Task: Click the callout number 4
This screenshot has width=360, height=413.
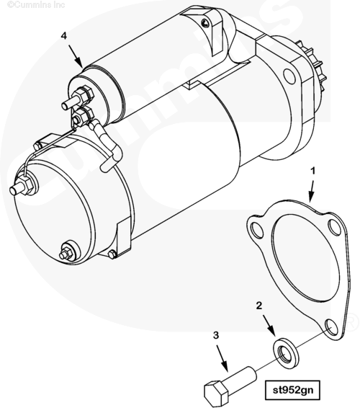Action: pos(64,36)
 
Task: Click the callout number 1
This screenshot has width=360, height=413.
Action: pos(312,172)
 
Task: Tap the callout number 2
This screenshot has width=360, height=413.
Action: pos(259,306)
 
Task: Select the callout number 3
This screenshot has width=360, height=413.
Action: pos(216,335)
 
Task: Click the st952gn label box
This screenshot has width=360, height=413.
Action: pos(292,390)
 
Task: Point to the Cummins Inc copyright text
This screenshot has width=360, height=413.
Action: pos(36,4)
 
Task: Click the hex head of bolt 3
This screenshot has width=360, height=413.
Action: pos(216,393)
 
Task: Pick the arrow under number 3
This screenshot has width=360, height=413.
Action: pos(222,359)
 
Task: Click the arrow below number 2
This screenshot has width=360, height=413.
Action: pos(269,326)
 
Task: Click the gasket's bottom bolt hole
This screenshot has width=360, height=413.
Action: pos(331,327)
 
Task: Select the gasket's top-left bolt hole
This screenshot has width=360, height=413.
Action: pos(257,230)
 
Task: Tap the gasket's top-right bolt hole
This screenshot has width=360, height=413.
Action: pos(335,227)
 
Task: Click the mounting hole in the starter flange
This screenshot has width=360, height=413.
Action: pos(289,76)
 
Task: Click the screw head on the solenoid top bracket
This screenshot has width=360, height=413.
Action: pos(205,23)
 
